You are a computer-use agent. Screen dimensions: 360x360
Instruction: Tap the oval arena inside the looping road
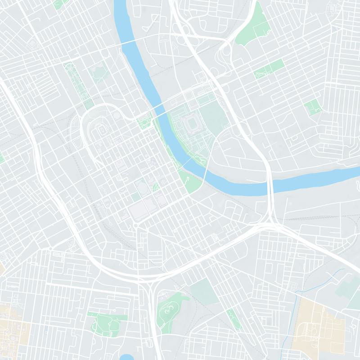pyautogui.click(x=102, y=130)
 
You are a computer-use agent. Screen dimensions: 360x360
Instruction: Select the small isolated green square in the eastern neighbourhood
pyautogui.click(x=313, y=107)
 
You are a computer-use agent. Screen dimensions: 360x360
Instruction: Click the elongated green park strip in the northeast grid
pyautogui.click(x=269, y=69)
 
